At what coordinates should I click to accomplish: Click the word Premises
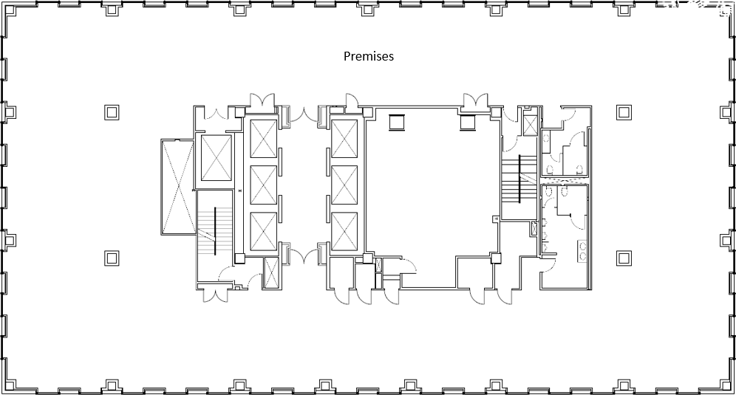tap(369, 56)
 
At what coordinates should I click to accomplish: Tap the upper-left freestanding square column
tap(112, 112)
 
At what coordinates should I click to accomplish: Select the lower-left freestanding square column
tap(112, 258)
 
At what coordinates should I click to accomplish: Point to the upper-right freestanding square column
tap(624, 112)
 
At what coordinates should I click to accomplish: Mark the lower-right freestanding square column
tap(624, 258)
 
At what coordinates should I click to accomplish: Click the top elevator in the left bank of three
tap(263, 139)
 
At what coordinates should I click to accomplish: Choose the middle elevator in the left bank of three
tap(263, 185)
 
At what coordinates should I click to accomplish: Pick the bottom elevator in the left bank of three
tap(263, 232)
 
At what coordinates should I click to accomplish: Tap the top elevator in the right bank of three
tap(344, 139)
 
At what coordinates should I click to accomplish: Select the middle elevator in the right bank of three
tap(344, 185)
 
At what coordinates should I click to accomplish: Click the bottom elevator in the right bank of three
tap(344, 232)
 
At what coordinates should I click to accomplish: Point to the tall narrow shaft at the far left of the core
tap(177, 188)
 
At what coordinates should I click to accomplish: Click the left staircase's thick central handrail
tap(216, 231)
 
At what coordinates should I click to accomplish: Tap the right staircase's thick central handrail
tap(519, 179)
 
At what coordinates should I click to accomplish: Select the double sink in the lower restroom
tap(582, 251)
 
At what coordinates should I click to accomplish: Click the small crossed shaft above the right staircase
tap(530, 126)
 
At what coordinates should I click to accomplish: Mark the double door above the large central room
tap(475, 100)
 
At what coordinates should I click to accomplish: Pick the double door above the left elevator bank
tap(262, 100)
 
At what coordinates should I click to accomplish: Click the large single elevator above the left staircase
tap(217, 157)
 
